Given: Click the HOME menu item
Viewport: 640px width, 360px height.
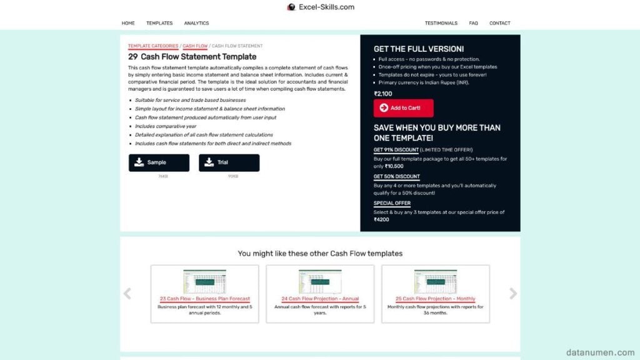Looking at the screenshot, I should point(128,23).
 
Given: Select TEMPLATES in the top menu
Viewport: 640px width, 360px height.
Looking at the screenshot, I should point(159,23).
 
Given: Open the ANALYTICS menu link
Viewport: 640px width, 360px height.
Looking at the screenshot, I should point(196,23).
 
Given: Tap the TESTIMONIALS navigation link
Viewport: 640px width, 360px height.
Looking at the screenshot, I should point(441,23).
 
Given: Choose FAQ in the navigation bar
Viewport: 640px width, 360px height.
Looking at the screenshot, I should point(474,23).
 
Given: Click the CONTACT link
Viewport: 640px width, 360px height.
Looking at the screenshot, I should point(500,23).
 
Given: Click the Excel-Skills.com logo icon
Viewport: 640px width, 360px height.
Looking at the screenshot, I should point(291,7).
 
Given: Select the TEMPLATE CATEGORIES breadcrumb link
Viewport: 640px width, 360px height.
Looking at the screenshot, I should point(153,46).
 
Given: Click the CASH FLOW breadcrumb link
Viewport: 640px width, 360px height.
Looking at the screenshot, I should point(195,46).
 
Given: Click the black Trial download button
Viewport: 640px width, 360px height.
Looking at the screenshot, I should point(229,162).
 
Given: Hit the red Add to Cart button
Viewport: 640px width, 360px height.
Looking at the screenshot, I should point(403,108).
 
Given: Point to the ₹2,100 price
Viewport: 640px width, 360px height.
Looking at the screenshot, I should point(383,94).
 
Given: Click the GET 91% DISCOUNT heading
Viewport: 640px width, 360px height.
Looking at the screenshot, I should point(396,150).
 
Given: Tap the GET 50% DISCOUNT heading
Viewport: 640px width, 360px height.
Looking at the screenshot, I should point(397,177).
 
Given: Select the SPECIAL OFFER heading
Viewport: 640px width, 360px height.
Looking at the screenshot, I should point(392,203).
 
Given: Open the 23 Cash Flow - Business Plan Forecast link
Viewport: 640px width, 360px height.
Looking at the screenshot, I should point(204,299).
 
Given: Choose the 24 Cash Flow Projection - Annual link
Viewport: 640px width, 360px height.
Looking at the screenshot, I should point(320,299).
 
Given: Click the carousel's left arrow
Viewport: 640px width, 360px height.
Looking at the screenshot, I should point(127,294).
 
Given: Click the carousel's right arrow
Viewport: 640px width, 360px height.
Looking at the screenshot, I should point(513,294).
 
